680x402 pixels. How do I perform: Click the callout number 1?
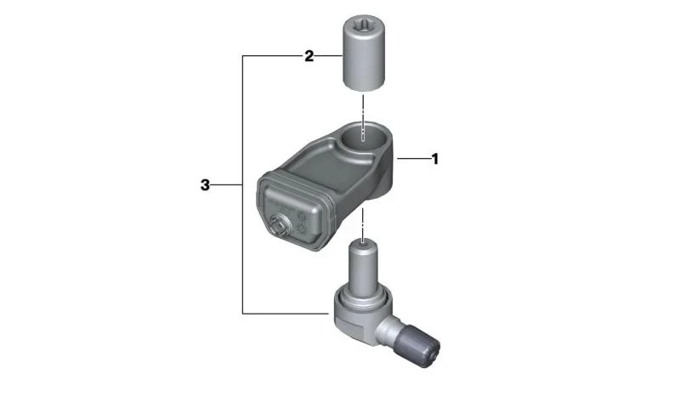pyautogui.click(x=435, y=159)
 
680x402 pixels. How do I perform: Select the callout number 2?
pyautogui.click(x=309, y=56)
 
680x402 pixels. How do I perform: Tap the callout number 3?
pyautogui.click(x=205, y=185)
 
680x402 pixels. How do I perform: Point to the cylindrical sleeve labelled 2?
pyautogui.click(x=365, y=54)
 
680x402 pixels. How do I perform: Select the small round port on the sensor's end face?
pyautogui.click(x=277, y=225)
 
